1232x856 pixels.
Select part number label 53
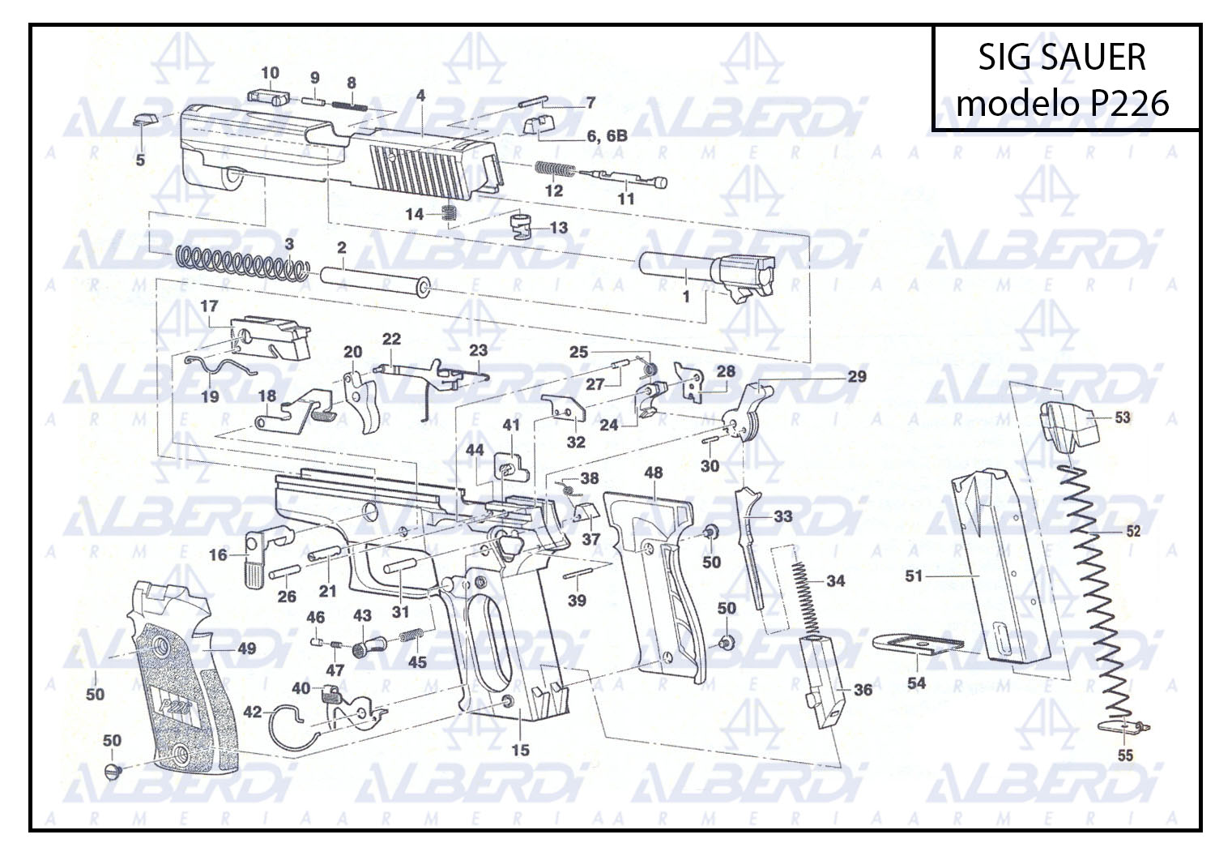1122,417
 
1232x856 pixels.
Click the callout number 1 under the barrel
686,297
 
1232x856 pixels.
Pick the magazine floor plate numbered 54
918,644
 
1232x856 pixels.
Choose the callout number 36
863,690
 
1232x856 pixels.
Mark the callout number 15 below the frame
520,751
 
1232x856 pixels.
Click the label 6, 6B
607,135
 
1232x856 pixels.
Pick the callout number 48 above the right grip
654,473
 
